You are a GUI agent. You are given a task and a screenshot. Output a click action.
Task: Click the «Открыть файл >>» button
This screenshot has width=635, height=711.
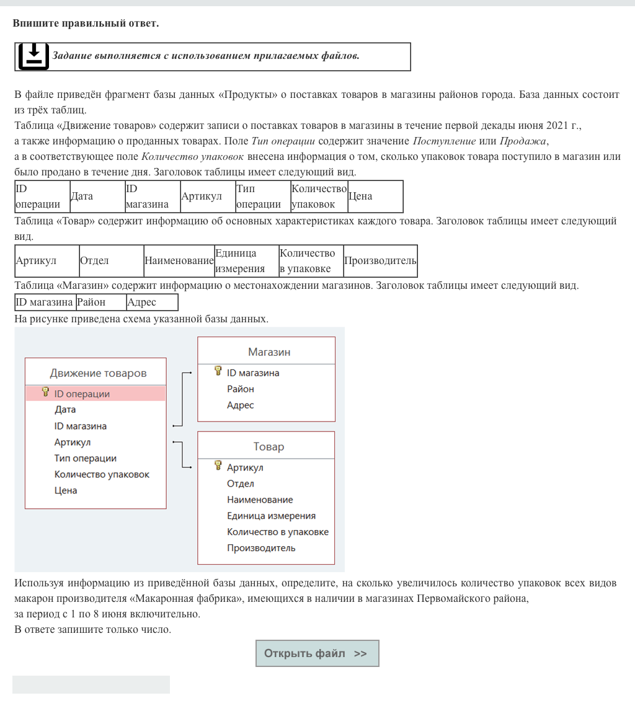[317, 653]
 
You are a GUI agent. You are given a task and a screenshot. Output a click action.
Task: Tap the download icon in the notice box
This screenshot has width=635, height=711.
[33, 56]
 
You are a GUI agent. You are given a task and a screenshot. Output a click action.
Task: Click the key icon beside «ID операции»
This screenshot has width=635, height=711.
[45, 392]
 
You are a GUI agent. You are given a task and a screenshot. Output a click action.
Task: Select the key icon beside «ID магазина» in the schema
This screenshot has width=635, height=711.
[218, 371]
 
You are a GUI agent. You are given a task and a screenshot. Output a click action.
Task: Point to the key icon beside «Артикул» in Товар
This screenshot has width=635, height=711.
[218, 466]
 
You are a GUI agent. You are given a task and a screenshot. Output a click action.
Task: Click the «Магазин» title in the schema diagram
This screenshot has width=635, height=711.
[269, 352]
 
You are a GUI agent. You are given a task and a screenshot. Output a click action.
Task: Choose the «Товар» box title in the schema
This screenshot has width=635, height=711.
[269, 446]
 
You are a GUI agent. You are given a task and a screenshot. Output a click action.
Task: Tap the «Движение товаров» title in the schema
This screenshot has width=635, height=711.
[98, 373]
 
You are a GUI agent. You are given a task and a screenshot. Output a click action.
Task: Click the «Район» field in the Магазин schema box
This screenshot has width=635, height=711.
[241, 389]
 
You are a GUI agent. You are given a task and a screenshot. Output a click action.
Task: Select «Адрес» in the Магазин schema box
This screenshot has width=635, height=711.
[241, 405]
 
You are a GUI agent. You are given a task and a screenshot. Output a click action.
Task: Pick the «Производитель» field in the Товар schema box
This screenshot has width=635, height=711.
[261, 548]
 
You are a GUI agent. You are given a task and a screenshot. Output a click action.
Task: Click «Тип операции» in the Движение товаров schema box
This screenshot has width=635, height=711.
[86, 459]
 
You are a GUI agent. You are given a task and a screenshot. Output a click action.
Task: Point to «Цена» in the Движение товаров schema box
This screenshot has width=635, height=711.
[66, 491]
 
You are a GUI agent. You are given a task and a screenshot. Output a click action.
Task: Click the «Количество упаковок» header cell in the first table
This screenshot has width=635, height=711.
[319, 197]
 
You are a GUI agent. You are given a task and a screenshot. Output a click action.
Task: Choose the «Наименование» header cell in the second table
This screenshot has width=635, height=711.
[179, 261]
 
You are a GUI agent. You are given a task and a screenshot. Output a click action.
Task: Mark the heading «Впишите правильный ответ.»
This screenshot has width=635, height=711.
[86, 24]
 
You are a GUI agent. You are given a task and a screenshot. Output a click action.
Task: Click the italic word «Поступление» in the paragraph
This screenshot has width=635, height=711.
[444, 141]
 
